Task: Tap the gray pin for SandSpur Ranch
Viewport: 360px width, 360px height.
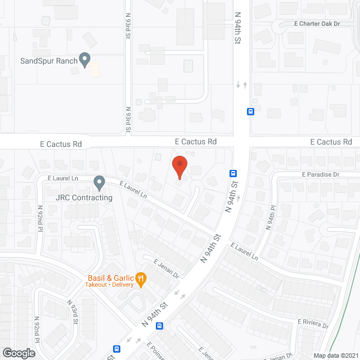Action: pyautogui.click(x=85, y=59)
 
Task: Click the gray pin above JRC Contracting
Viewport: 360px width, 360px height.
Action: pyautogui.click(x=100, y=182)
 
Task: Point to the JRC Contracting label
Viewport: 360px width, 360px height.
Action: pyautogui.click(x=84, y=197)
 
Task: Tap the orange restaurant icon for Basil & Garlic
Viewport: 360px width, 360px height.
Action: pyautogui.click(x=141, y=278)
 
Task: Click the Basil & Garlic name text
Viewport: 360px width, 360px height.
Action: pyautogui.click(x=110, y=277)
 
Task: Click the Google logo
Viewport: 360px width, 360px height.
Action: pyautogui.click(x=18, y=353)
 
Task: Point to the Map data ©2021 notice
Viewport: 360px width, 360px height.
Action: pyautogui.click(x=335, y=355)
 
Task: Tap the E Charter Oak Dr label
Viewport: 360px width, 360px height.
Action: pyautogui.click(x=318, y=24)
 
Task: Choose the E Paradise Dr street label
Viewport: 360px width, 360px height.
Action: pyautogui.click(x=321, y=174)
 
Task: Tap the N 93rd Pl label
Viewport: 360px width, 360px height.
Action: pyautogui.click(x=73, y=310)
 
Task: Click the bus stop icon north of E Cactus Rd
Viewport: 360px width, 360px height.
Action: pyautogui.click(x=251, y=111)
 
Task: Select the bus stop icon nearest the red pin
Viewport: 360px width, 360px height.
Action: pyautogui.click(x=232, y=173)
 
